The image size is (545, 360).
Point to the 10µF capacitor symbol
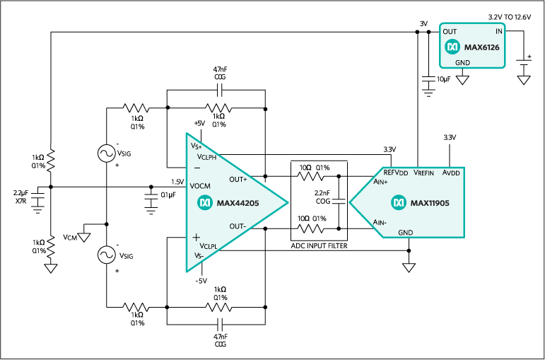(x=428, y=79)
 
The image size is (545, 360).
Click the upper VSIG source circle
(x=107, y=153)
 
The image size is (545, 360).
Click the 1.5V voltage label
(x=177, y=182)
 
